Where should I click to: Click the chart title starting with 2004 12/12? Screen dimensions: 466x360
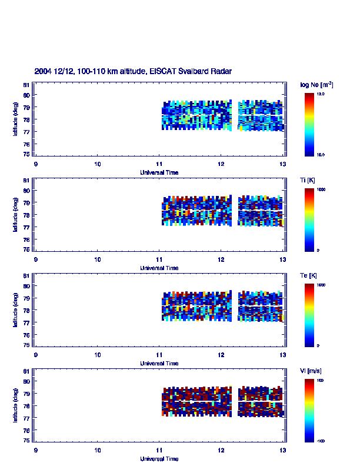tap(133, 71)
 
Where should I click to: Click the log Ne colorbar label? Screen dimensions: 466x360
tap(317, 85)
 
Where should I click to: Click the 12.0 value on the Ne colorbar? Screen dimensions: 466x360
tap(321, 94)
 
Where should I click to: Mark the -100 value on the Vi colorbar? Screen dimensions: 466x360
tap(321, 440)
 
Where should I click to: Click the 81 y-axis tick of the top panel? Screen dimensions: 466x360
tap(26, 85)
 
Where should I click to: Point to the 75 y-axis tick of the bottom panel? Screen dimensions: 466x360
tap(26, 441)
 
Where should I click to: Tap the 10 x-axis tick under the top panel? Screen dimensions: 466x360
tap(98, 164)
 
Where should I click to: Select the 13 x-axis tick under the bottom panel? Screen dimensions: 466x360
tap(283, 450)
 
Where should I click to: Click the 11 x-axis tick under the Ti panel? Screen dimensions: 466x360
tap(159, 259)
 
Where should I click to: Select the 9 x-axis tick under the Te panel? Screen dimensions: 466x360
tap(36, 355)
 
